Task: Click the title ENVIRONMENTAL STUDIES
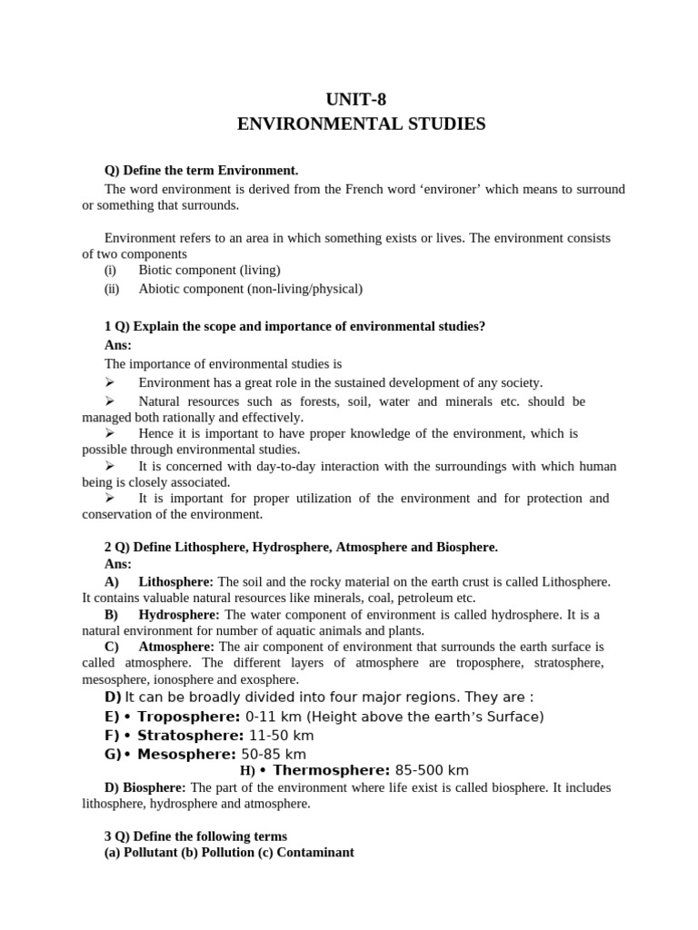coord(361,124)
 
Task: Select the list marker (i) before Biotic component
coord(112,270)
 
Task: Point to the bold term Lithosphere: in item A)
coord(175,581)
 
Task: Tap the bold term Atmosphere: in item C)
coord(176,647)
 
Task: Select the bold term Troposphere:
coord(189,717)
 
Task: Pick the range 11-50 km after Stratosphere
coord(282,735)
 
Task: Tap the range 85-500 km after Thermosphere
coord(433,770)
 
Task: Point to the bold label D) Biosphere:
coord(145,787)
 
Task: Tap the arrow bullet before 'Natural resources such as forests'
coord(111,401)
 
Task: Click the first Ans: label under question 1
coord(118,345)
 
